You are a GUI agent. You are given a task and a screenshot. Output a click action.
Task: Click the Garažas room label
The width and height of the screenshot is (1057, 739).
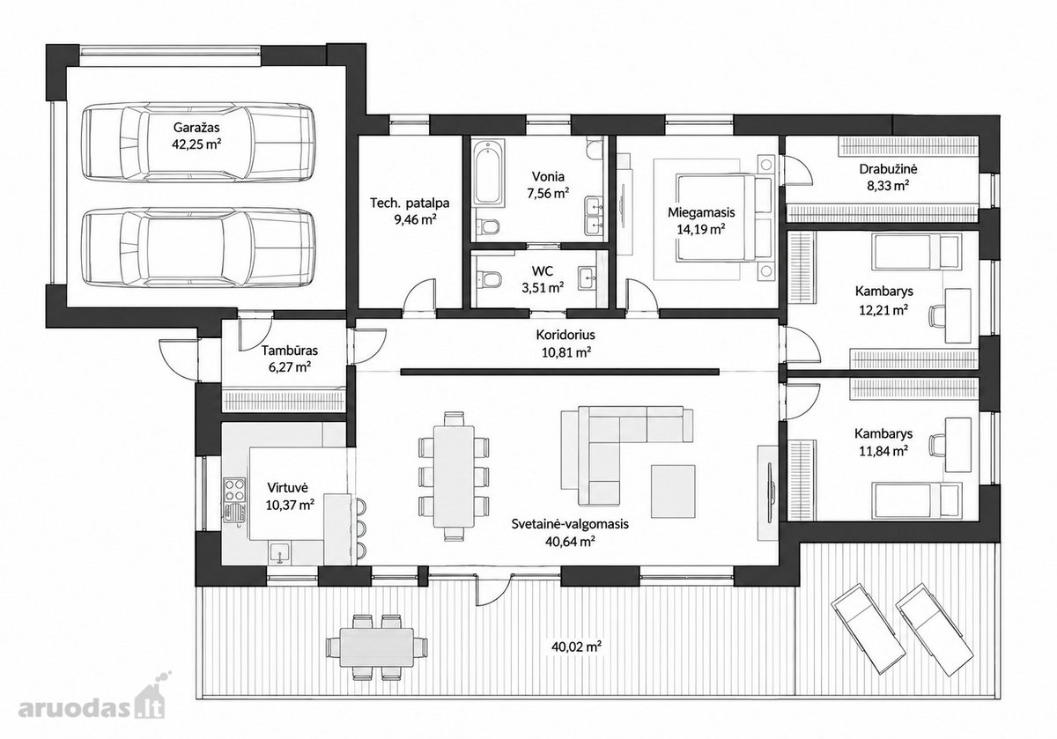196,128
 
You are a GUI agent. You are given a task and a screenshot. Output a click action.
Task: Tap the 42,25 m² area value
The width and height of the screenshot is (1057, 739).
196,144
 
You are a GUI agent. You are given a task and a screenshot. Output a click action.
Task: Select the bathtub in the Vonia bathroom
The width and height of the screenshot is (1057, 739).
487,173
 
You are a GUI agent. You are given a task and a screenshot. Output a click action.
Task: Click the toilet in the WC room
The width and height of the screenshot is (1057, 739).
488,279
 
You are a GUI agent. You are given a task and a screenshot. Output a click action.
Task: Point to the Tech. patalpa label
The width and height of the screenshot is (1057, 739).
410,203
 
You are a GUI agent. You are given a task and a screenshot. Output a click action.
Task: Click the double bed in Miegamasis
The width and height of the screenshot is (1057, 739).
725,218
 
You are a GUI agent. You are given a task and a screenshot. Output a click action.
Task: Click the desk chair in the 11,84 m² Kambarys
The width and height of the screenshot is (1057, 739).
936,445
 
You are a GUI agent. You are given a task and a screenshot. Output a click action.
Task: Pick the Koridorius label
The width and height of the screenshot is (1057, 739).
565,335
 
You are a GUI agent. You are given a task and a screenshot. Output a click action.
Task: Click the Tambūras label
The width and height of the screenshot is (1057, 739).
290,351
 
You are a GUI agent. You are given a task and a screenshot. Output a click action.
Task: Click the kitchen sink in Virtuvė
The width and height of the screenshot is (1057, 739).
280,552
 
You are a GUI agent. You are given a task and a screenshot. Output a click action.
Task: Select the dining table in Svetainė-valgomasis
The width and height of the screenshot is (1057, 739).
454,477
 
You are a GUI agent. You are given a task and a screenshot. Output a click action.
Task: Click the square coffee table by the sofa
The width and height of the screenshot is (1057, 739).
673,491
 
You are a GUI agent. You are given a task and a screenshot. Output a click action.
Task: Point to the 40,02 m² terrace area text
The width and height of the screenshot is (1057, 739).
577,646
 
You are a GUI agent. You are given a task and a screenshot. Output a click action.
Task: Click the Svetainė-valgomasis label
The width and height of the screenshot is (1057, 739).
570,524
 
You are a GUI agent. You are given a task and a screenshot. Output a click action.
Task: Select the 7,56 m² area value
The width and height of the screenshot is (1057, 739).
548,193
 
